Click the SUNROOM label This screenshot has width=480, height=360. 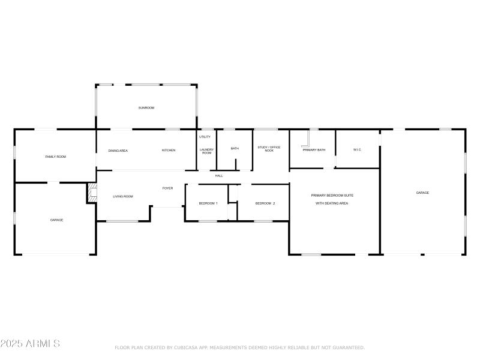(x=146, y=108)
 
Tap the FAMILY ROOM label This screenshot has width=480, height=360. (x=56, y=157)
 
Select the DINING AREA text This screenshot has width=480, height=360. (x=118, y=151)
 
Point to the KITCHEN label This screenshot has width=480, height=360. (x=169, y=151)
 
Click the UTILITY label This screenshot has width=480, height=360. (x=205, y=137)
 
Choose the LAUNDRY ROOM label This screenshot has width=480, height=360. (x=206, y=151)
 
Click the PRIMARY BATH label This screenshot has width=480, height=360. (x=314, y=150)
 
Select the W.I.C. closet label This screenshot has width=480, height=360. (x=357, y=149)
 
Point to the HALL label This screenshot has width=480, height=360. (x=219, y=176)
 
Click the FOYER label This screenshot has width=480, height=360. (x=168, y=188)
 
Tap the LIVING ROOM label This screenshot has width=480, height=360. (x=123, y=196)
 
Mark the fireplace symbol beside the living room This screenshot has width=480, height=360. (x=92, y=193)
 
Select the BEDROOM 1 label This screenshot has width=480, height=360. (x=208, y=203)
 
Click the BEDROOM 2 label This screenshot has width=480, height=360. (x=265, y=203)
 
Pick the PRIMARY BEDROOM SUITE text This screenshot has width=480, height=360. (x=332, y=196)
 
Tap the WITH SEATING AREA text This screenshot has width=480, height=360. (x=332, y=203)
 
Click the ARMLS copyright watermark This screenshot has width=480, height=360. (x=30, y=344)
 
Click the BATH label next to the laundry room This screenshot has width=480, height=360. (x=235, y=149)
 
